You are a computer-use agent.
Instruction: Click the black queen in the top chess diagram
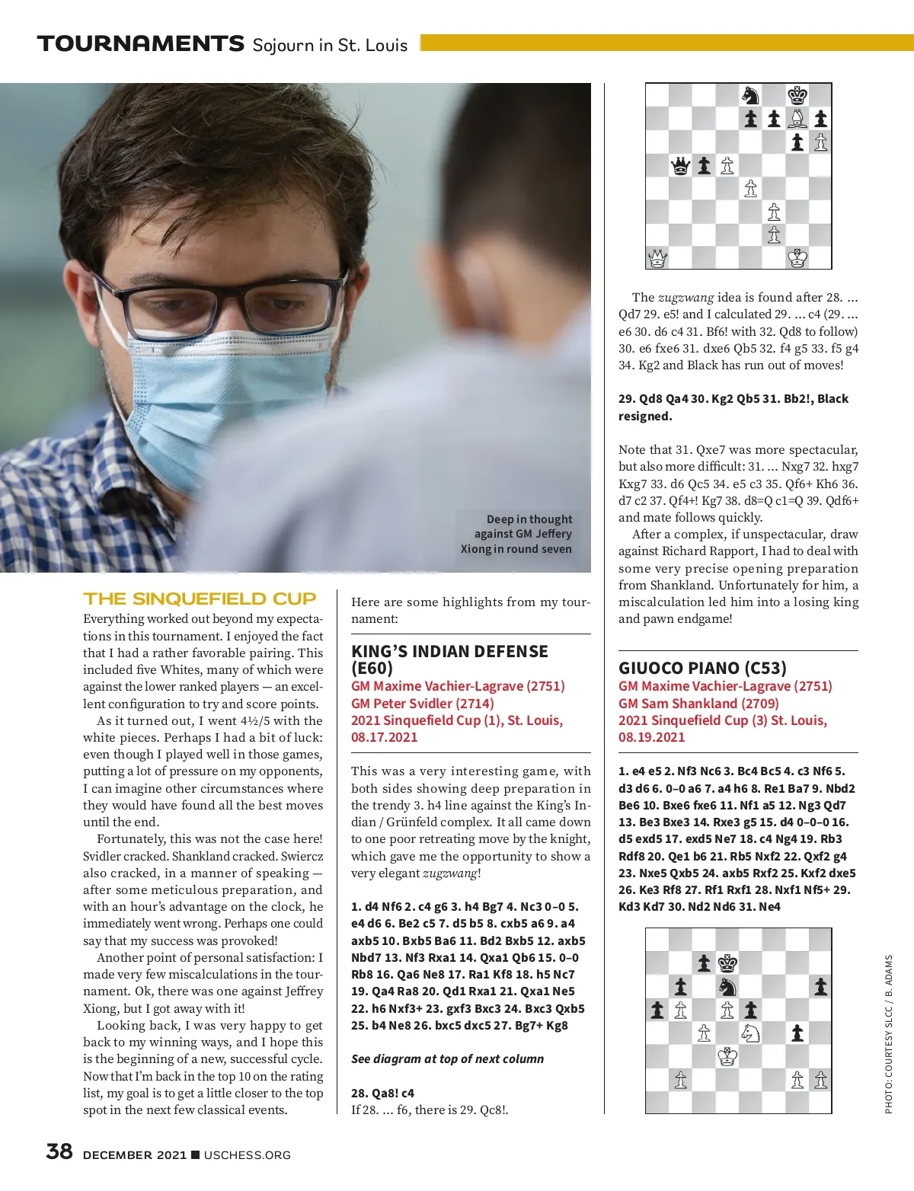point(680,165)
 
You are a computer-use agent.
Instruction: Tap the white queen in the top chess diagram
point(657,259)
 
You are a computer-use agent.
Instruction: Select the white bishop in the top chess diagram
point(797,118)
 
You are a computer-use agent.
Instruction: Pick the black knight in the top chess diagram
point(750,95)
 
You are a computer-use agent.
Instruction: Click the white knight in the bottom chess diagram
point(750,1033)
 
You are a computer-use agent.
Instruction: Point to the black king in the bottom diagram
point(727,963)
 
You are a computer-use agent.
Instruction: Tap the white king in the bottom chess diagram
point(727,1057)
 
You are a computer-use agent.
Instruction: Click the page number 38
point(59,1151)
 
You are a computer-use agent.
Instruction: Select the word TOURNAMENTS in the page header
point(141,43)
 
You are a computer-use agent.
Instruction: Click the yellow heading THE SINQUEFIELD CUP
point(200,599)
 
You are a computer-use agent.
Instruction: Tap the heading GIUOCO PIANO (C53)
point(702,668)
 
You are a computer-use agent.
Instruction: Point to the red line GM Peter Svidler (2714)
point(423,703)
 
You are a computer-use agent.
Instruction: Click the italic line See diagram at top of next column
point(447,1058)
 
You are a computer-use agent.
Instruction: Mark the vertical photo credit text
point(888,1034)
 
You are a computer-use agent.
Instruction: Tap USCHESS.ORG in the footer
point(248,1154)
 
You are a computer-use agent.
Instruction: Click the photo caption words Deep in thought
point(529,519)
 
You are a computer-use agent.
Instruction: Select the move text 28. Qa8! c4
point(382,1093)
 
